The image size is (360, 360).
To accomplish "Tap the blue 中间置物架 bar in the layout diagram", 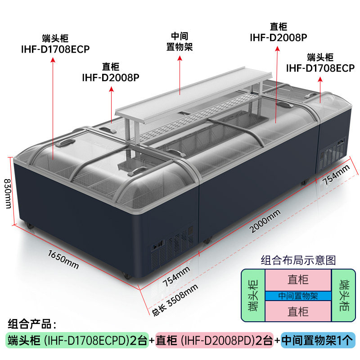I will (298, 296).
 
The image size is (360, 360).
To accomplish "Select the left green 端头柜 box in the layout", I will (253, 296).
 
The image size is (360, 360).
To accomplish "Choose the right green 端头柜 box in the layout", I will (344, 296).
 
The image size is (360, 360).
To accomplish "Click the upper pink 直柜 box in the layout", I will (298, 280).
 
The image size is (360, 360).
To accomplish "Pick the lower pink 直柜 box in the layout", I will (298, 311).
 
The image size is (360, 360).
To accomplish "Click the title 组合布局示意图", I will (298, 260).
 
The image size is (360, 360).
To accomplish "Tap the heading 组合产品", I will (31, 324).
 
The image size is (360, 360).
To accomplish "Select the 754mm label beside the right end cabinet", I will (336, 176).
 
